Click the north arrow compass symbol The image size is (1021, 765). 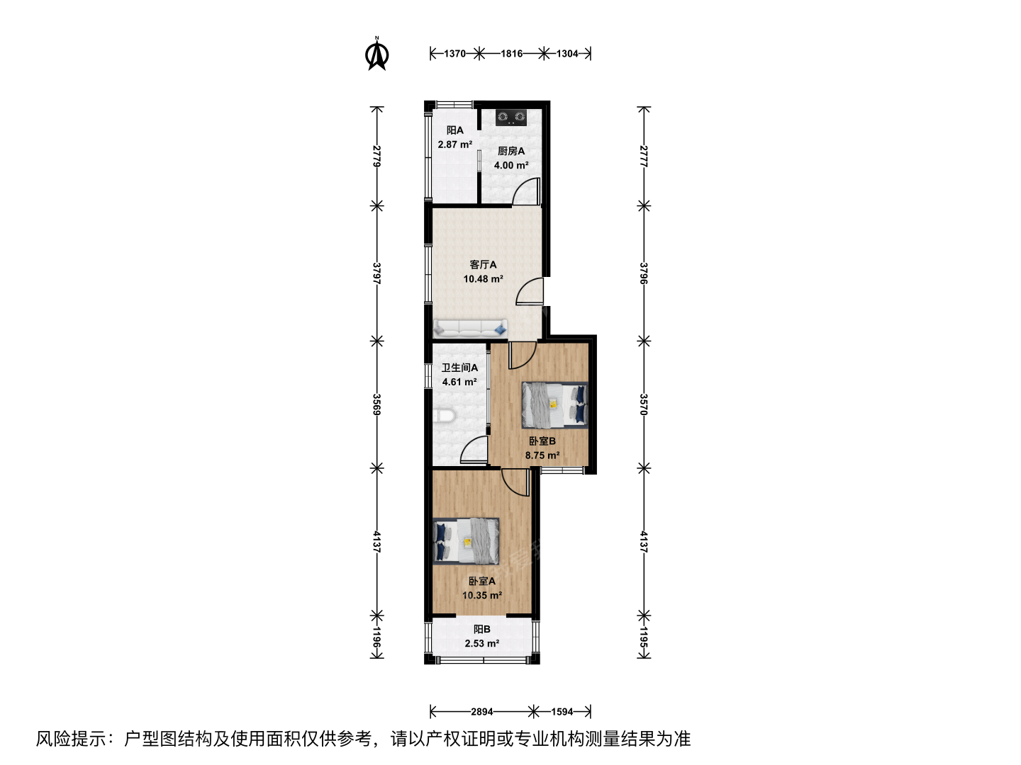click(377, 54)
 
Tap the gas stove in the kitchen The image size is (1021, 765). click(511, 118)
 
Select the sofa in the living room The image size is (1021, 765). click(470, 329)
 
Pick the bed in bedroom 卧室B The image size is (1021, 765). click(554, 404)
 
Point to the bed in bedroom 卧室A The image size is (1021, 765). click(466, 542)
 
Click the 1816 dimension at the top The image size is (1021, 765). click(511, 54)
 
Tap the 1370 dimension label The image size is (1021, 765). click(454, 54)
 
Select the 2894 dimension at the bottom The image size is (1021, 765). click(481, 712)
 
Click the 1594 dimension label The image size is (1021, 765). click(562, 712)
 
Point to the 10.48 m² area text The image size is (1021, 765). click(483, 279)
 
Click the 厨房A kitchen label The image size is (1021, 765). click(511, 151)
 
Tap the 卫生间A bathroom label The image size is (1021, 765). click(459, 368)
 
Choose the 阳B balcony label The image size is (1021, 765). click(482, 630)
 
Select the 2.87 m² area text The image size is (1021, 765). click(455, 144)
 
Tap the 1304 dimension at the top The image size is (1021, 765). click(567, 54)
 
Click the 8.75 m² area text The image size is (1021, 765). click(542, 455)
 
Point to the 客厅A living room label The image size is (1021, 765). click(483, 265)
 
